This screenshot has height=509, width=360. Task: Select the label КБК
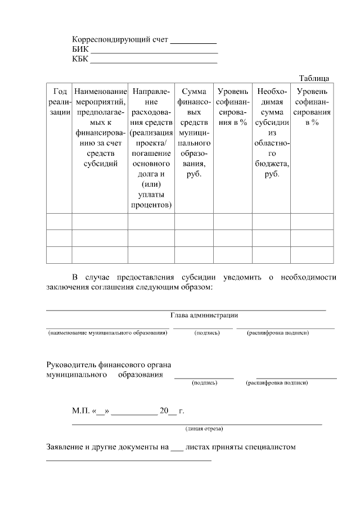(80, 60)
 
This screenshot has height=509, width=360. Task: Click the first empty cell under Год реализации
(59, 222)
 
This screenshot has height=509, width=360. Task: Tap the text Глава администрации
(204, 316)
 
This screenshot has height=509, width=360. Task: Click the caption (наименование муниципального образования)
(107, 333)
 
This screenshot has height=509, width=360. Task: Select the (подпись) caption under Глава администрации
(206, 333)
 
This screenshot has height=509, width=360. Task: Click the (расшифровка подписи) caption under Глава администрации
(277, 333)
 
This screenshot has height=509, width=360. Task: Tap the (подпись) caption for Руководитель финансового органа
(204, 382)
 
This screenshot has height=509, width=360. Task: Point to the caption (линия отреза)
(204, 429)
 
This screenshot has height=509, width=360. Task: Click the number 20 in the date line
(164, 411)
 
